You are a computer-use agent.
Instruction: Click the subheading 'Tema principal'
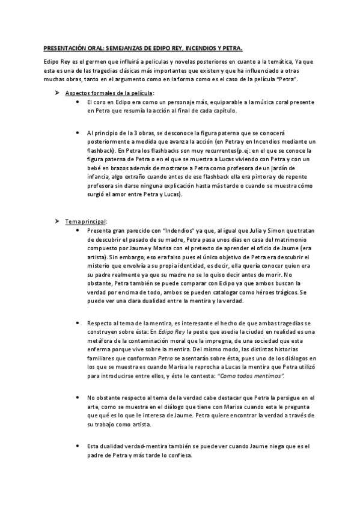(85, 221)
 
